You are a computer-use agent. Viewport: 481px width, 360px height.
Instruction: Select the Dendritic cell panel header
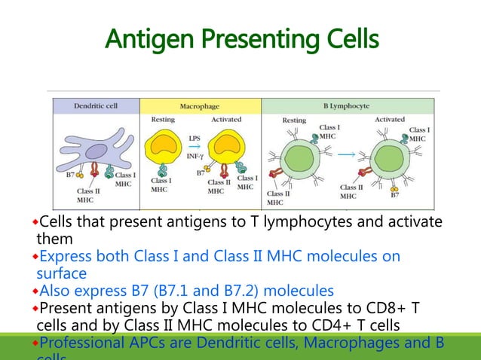pyautogui.click(x=95, y=106)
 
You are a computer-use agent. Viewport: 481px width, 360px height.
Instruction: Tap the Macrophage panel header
pyautogui.click(x=199, y=106)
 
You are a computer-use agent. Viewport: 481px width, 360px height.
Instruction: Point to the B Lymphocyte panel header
pyautogui.click(x=346, y=106)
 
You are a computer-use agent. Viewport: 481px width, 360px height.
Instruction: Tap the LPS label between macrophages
pyautogui.click(x=194, y=137)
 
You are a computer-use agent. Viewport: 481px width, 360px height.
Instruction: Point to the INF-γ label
pyautogui.click(x=195, y=156)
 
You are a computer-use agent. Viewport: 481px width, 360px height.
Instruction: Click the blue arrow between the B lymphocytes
pyautogui.click(x=348, y=154)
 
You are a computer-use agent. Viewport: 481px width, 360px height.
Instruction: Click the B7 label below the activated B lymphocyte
pyautogui.click(x=395, y=195)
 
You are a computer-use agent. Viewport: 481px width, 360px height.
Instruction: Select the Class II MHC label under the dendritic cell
pyautogui.click(x=85, y=196)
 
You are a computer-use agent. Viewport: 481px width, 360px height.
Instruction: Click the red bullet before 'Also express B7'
pyautogui.click(x=35, y=291)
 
